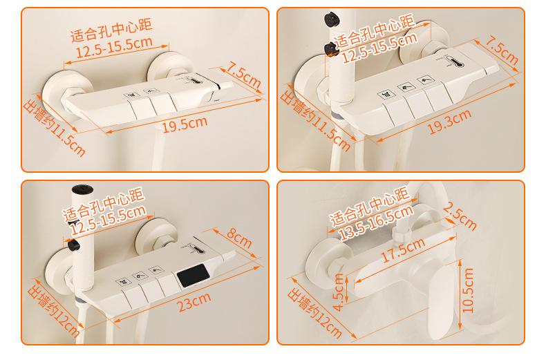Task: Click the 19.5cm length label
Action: [185, 124]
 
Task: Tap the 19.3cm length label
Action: [449, 121]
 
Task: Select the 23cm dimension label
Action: [194, 301]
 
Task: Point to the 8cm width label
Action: [239, 238]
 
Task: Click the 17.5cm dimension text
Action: [403, 249]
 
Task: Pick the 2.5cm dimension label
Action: [460, 216]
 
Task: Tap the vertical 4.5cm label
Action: [339, 292]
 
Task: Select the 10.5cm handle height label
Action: [468, 291]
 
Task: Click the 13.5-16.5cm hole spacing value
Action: [377, 222]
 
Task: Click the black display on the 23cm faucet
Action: [194, 275]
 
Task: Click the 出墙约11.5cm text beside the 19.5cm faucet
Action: [54, 128]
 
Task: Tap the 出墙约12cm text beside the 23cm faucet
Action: [53, 311]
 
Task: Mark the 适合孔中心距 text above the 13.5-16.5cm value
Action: [370, 206]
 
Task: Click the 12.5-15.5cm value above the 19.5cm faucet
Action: [114, 47]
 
